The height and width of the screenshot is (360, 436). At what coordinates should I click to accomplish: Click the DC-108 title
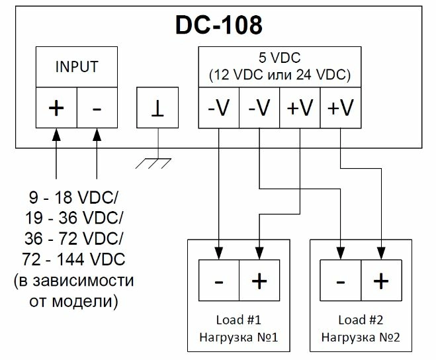218,24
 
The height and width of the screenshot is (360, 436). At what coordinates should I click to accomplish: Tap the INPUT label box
77,67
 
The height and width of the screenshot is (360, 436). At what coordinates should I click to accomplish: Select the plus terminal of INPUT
56,107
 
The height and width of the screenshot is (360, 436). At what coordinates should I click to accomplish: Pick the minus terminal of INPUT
97,107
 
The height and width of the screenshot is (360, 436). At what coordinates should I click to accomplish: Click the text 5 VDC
280,58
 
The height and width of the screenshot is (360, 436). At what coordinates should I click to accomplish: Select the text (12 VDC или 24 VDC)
280,74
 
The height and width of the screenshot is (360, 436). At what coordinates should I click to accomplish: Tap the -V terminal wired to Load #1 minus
219,107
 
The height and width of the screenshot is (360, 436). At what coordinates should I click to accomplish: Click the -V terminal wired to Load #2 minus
259,107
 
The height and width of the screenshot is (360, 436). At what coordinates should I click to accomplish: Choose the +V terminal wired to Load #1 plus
300,107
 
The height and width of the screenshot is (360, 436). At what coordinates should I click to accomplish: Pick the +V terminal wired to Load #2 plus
340,107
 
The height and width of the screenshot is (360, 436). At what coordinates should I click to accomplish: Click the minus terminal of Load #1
218,281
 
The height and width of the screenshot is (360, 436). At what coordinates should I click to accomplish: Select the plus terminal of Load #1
259,281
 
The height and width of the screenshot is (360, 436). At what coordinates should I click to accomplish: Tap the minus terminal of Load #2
340,281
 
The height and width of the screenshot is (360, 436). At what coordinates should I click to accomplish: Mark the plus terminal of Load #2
380,281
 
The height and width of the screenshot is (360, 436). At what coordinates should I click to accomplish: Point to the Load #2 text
361,320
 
